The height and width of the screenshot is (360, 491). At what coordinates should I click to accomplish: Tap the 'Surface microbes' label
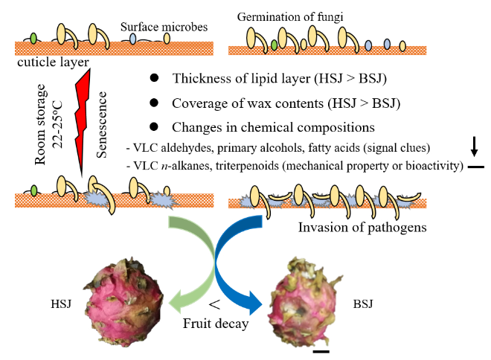coord(164,28)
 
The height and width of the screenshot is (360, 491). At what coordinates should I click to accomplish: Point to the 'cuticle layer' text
coord(45,65)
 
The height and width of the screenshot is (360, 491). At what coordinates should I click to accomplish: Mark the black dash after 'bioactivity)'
coord(475,167)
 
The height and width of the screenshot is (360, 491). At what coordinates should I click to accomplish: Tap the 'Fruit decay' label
coord(216,324)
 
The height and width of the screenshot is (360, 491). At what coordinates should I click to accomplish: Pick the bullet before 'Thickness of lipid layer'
coord(153,79)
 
